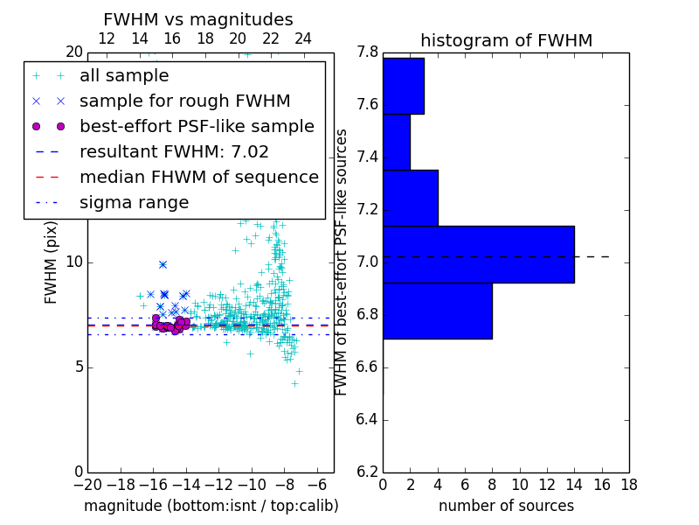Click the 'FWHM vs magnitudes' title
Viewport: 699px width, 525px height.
[x=198, y=19]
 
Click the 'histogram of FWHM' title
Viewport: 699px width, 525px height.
[x=506, y=40]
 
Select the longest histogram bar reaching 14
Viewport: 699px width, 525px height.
[x=478, y=255]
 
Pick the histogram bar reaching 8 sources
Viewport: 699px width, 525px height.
[x=437, y=311]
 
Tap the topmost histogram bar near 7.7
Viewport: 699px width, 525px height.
[x=403, y=86]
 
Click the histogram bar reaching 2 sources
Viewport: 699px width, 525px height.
[x=396, y=142]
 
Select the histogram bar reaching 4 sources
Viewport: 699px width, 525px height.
[x=410, y=198]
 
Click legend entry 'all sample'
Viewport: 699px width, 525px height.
[x=124, y=76]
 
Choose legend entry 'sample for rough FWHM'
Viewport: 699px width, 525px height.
[x=184, y=101]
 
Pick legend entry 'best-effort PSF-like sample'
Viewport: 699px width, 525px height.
[x=197, y=126]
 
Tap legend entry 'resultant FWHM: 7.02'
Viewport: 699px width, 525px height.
[x=174, y=151]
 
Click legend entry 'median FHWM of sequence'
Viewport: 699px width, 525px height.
[x=198, y=177]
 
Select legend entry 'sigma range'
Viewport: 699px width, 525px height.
[x=134, y=202]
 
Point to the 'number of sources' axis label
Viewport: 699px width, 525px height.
[x=506, y=506]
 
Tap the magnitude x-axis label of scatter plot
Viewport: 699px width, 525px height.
[x=211, y=506]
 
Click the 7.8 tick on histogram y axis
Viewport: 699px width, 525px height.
[x=367, y=52]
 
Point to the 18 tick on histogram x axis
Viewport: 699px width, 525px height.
[x=628, y=484]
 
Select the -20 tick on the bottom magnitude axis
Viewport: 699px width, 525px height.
[x=87, y=484]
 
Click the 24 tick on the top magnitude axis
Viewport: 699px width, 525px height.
[x=303, y=38]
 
